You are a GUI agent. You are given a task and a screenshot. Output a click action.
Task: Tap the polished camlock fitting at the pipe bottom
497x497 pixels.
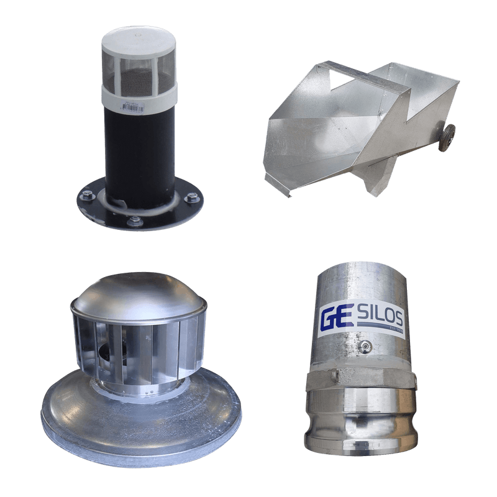pyautogui.click(x=360, y=422)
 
